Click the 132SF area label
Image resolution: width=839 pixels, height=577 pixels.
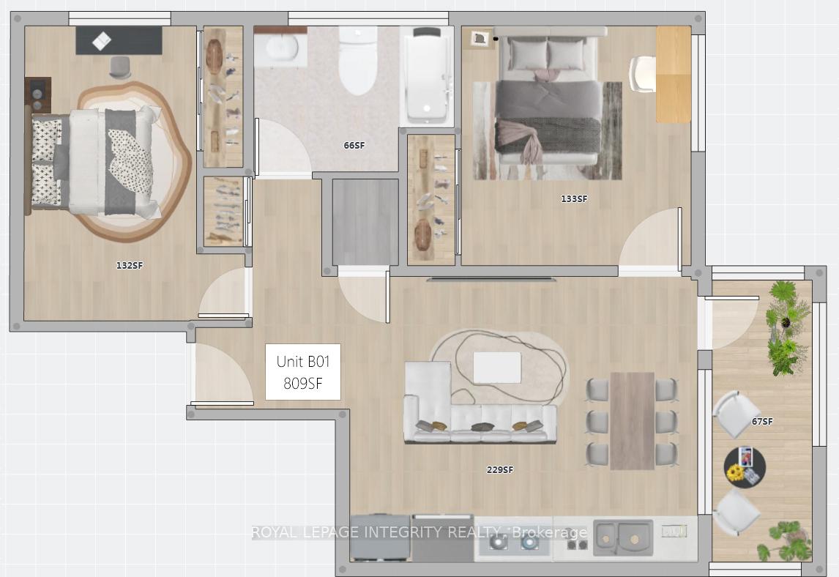(130, 266)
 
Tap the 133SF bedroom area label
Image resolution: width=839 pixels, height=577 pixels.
(573, 199)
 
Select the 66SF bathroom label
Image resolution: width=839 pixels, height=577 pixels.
(354, 145)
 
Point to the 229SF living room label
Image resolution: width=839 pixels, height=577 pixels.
(500, 470)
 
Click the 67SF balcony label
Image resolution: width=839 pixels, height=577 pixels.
(762, 421)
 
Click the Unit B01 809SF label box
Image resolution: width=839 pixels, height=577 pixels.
(303, 372)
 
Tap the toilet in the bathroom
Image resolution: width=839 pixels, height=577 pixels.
(358, 60)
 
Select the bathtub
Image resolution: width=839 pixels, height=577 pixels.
(427, 75)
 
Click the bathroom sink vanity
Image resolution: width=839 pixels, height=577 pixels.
(280, 47)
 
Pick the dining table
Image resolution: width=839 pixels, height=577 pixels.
(632, 421)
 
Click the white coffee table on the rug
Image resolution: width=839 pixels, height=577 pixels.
(497, 368)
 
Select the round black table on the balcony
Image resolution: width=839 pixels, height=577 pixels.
(745, 467)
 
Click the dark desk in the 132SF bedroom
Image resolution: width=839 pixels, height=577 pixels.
(119, 40)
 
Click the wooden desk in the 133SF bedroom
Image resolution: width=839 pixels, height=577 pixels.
(674, 75)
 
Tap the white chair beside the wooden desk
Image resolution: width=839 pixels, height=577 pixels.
(642, 75)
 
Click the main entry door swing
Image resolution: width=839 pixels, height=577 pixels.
(222, 375)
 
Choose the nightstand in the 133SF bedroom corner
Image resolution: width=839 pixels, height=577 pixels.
(480, 39)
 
